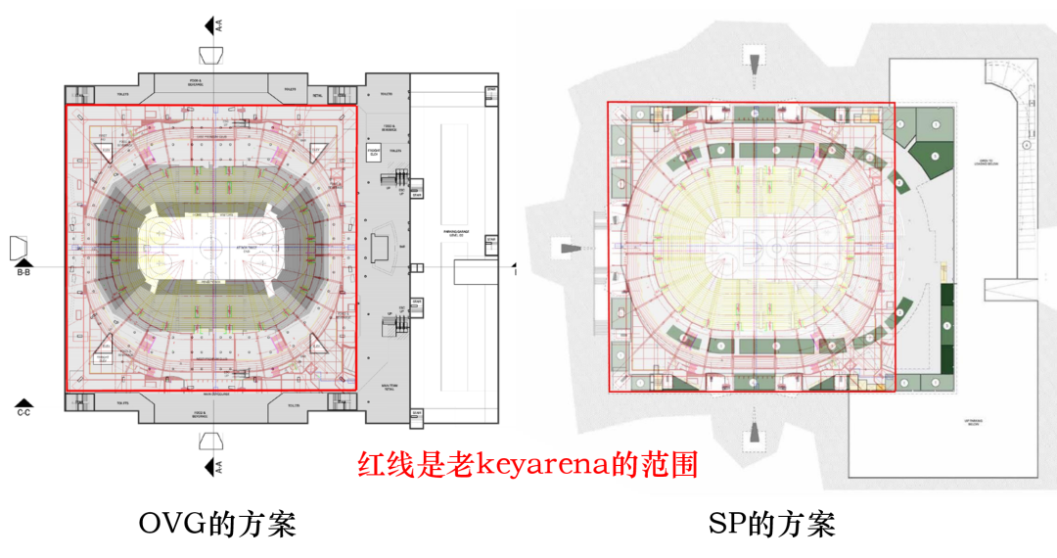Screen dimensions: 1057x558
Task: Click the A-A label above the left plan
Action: click(x=219, y=25)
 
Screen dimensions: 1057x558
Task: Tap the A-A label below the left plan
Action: click(x=219, y=466)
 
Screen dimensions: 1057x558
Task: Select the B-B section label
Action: click(x=24, y=273)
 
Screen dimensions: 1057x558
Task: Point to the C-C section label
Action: click(x=24, y=413)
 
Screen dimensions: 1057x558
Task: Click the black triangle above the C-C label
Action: click(x=24, y=402)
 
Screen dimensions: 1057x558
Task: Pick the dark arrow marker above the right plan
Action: click(x=755, y=61)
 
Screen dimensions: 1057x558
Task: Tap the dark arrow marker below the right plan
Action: click(x=755, y=432)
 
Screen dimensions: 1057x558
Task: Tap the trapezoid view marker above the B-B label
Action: click(x=21, y=248)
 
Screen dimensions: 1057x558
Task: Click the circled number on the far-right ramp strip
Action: click(x=1028, y=144)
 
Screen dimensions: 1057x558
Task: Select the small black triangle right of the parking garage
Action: click(x=515, y=265)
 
